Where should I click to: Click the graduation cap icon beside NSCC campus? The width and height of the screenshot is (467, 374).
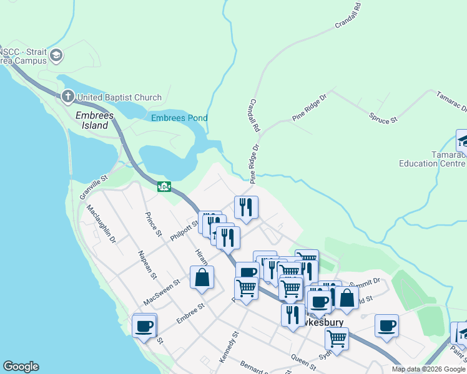56,56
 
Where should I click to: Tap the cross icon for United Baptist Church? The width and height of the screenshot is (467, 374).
68,97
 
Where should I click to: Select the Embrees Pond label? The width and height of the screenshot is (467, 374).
179,118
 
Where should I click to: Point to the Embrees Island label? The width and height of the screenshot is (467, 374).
92,120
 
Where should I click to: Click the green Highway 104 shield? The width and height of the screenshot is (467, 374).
164,186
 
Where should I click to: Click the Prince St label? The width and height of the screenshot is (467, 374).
153,224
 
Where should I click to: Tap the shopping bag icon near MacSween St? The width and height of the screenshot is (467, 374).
202,277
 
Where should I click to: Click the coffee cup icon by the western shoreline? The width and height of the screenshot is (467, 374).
144,325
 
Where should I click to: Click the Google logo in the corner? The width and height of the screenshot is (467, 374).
21,367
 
